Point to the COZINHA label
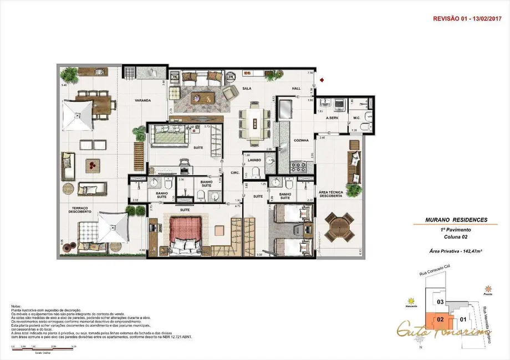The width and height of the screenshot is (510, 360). [x=302, y=140]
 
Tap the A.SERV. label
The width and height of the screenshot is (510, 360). [x=333, y=118]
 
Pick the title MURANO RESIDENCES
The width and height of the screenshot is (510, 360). [x=449, y=220]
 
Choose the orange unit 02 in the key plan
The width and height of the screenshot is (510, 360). [x=438, y=318]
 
